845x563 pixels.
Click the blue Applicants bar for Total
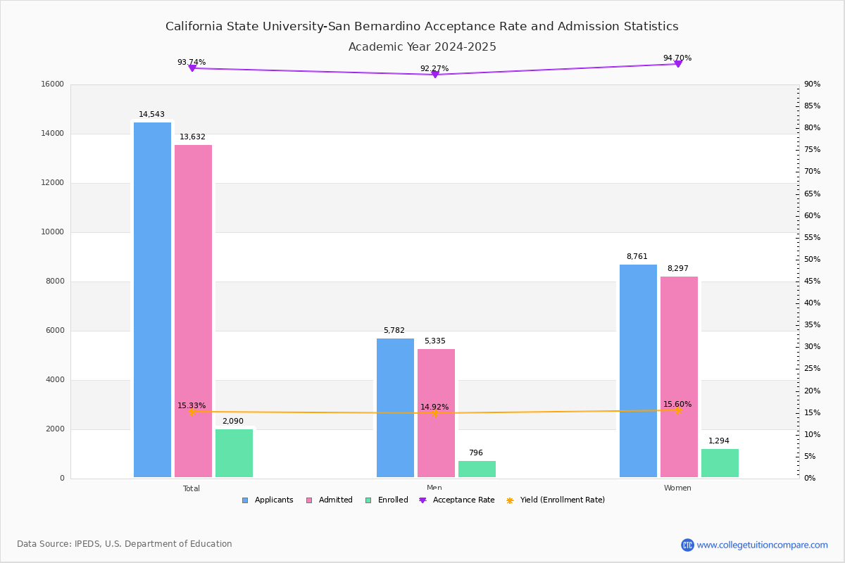[152, 300]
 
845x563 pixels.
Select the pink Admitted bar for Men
[436, 413]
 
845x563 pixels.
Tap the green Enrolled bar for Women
[720, 463]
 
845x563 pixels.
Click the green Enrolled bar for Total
[234, 453]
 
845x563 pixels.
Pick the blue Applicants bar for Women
[638, 371]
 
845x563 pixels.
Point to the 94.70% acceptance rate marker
[677, 64]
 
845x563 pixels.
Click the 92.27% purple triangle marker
[434, 74]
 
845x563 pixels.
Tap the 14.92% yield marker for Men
[434, 413]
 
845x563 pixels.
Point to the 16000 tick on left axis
[53, 84]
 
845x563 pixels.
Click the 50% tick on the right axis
[812, 260]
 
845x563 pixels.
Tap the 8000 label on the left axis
[55, 281]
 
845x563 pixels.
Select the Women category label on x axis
[677, 488]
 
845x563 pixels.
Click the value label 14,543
[151, 115]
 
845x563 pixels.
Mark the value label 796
[476, 453]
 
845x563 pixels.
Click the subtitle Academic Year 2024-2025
[423, 47]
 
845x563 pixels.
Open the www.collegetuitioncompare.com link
[762, 545]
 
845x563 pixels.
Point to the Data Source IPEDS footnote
[125, 544]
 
